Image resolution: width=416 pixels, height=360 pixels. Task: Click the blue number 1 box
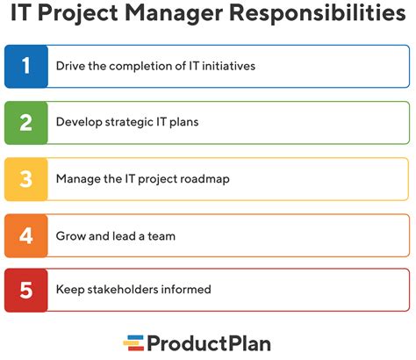point(26,67)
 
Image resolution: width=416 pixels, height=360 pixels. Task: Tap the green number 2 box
point(26,122)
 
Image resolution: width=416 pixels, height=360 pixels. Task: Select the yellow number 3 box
point(26,178)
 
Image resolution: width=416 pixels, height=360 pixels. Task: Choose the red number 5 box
point(26,289)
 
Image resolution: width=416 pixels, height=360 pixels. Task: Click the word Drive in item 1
point(70,67)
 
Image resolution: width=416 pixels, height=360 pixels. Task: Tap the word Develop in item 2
point(78,123)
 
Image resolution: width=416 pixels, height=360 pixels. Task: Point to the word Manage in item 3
point(76,178)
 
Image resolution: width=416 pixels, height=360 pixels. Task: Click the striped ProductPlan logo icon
point(133,341)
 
